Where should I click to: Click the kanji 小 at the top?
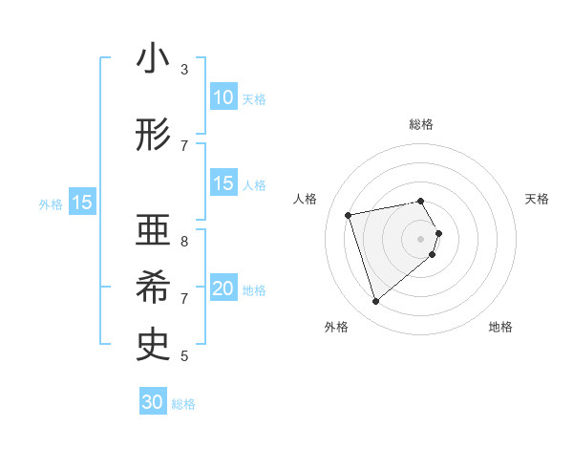tap(154, 59)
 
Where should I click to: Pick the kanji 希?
tap(154, 288)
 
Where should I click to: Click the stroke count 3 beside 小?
tap(184, 69)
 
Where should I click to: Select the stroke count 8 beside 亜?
tap(184, 241)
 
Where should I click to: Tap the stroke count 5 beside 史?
tap(184, 355)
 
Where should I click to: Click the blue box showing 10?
tap(223, 97)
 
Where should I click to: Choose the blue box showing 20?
tap(223, 289)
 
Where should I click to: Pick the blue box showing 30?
tap(153, 402)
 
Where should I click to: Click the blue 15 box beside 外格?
tap(81, 203)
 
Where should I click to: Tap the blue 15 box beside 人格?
tap(223, 183)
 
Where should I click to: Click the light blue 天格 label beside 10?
tap(254, 98)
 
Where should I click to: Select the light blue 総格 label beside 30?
tap(183, 404)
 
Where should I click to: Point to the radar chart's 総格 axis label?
tap(421, 124)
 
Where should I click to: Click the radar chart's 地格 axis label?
tap(500, 327)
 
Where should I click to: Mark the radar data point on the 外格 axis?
tap(375, 301)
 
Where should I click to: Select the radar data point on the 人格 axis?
tap(349, 214)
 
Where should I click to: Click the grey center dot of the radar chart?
tap(421, 238)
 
